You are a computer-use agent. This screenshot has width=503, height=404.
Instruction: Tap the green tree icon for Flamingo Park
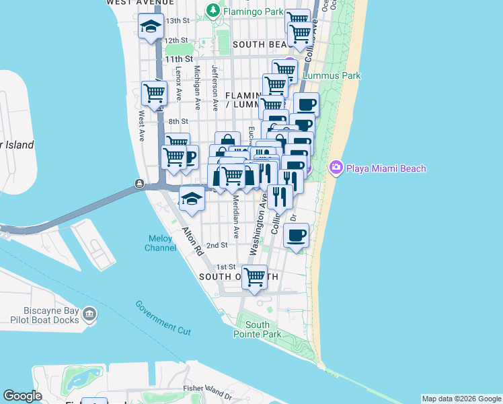click(x=213, y=10)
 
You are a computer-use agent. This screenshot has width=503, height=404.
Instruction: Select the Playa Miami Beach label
click(x=386, y=168)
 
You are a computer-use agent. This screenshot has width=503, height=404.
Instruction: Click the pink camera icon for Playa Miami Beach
click(x=337, y=168)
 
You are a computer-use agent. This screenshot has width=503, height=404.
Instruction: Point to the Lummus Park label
click(x=332, y=76)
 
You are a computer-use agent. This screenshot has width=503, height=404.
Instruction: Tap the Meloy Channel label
click(x=161, y=243)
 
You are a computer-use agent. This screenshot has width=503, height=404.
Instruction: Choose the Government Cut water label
click(x=163, y=318)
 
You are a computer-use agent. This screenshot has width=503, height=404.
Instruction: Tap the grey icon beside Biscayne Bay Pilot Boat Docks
click(x=89, y=314)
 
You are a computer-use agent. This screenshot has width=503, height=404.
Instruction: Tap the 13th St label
click(x=178, y=21)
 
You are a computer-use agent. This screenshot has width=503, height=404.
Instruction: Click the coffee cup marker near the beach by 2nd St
click(x=297, y=236)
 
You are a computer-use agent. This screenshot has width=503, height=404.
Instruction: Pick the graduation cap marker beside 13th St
click(x=151, y=27)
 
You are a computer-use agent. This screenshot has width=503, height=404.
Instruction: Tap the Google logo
click(x=22, y=396)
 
